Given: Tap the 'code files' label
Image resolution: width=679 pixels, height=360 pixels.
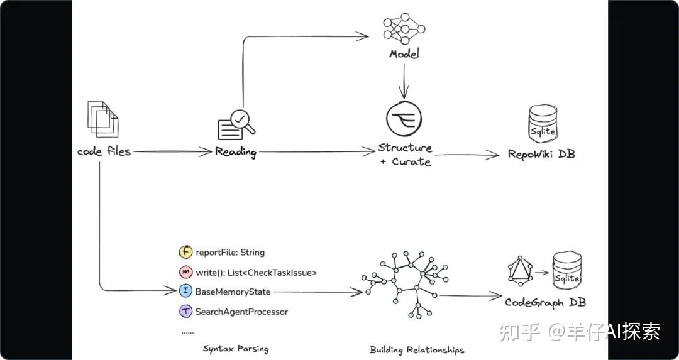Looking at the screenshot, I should click(104, 151).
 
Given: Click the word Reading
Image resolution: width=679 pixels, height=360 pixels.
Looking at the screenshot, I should click(236, 151).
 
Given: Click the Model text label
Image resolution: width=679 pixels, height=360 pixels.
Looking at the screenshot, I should click(404, 54).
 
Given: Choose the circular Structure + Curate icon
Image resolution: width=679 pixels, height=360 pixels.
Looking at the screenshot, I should click(404, 118).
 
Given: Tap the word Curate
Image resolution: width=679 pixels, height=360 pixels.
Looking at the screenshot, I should click(411, 161).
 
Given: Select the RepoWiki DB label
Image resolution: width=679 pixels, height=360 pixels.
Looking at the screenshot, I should click(541, 154).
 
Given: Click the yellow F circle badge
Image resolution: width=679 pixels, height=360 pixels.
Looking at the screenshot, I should click(185, 252).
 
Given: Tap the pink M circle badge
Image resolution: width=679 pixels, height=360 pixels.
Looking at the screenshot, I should click(185, 272).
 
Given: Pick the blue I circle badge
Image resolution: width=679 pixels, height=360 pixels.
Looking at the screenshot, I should click(185, 292).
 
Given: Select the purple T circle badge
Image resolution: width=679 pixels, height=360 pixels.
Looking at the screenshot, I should click(185, 311).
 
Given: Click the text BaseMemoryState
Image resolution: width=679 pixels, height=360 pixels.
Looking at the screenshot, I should click(233, 292).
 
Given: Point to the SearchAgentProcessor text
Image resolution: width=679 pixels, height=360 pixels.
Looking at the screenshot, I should click(241, 312).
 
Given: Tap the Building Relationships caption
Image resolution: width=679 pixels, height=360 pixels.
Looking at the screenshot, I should click(417, 349).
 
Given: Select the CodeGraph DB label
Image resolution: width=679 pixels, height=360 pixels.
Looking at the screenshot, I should click(545, 302).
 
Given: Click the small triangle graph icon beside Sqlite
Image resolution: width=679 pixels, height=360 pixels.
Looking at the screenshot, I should click(519, 271).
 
